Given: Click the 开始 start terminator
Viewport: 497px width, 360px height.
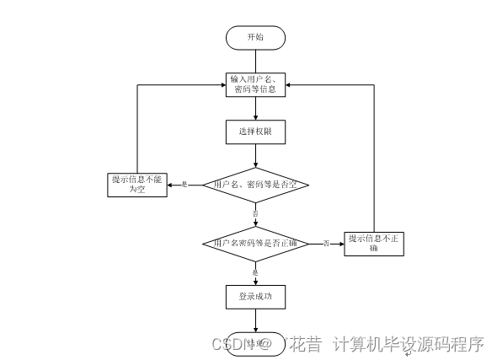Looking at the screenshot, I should click(x=255, y=38).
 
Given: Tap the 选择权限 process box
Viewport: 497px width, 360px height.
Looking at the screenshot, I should click(x=255, y=132).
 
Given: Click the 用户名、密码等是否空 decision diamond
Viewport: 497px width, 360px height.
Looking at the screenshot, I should click(x=255, y=184).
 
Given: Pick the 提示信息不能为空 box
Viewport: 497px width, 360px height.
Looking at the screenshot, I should click(x=138, y=184).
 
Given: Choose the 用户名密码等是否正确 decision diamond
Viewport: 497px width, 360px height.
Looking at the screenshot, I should click(x=255, y=243).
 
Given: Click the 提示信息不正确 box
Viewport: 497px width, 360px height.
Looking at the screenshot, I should click(x=375, y=243).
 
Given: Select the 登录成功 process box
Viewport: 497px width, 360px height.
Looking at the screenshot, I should click(x=255, y=297).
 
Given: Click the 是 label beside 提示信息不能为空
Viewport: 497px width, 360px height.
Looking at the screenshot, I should click(x=184, y=184).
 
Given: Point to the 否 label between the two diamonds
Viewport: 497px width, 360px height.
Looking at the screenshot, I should click(x=255, y=214).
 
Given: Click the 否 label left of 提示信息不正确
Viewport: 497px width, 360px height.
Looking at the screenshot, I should click(x=325, y=243).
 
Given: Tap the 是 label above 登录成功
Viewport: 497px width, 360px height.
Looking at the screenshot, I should click(x=255, y=272).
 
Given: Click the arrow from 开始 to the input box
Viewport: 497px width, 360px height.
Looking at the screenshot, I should click(x=255, y=60).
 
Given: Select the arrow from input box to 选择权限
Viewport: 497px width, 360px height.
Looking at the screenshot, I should click(x=255, y=109).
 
